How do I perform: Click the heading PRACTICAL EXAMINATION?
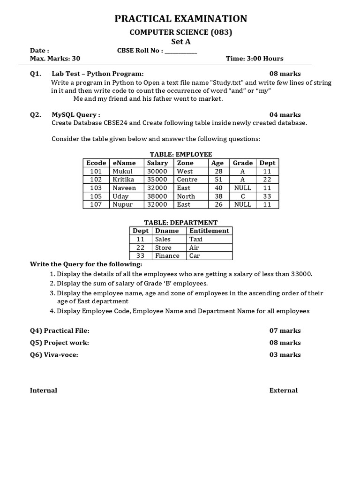click(x=180, y=19)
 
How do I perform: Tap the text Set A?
click(x=180, y=41)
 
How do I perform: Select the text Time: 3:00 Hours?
click(x=255, y=59)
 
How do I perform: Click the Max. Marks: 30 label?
click(x=55, y=59)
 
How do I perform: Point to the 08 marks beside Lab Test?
click(x=285, y=74)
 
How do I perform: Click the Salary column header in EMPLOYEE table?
click(x=157, y=163)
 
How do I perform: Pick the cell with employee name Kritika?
click(x=123, y=180)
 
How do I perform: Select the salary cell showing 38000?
click(x=157, y=196)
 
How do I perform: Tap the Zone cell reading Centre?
click(x=187, y=180)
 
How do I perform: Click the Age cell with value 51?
click(x=218, y=180)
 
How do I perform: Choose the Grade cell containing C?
click(x=242, y=196)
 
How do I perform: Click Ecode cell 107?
click(x=96, y=204)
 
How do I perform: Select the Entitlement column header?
click(x=209, y=231)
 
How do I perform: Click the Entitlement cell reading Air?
click(x=194, y=247)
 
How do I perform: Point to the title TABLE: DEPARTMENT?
click(x=180, y=223)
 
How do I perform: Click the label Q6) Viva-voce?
click(x=54, y=355)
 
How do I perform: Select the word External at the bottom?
click(x=283, y=390)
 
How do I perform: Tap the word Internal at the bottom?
click(x=44, y=390)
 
